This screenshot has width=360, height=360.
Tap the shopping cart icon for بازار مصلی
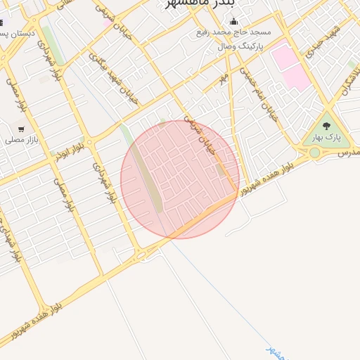(21, 129)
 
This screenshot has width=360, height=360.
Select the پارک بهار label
(326, 138)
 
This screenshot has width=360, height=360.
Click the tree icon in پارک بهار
(326, 126)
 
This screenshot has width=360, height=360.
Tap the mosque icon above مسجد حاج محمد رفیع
(233, 22)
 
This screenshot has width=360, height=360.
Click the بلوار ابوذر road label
(75, 148)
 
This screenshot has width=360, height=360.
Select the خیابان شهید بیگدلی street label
(112, 80)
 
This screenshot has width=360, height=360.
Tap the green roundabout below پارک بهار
(314, 153)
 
